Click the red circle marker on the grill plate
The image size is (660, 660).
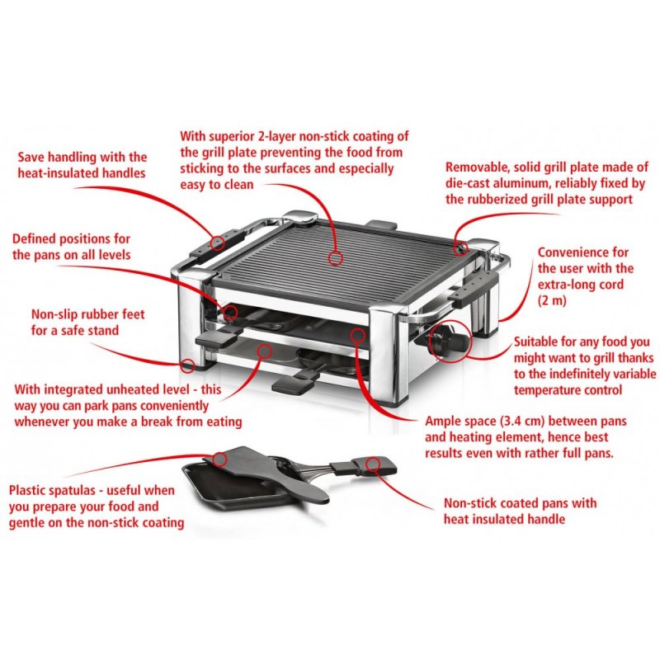click(x=335, y=258)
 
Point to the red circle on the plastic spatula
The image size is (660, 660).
click(x=220, y=457)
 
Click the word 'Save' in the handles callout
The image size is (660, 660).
click(x=32, y=157)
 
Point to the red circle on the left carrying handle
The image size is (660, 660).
click(x=217, y=243)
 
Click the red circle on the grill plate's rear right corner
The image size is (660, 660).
click(x=463, y=245)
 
